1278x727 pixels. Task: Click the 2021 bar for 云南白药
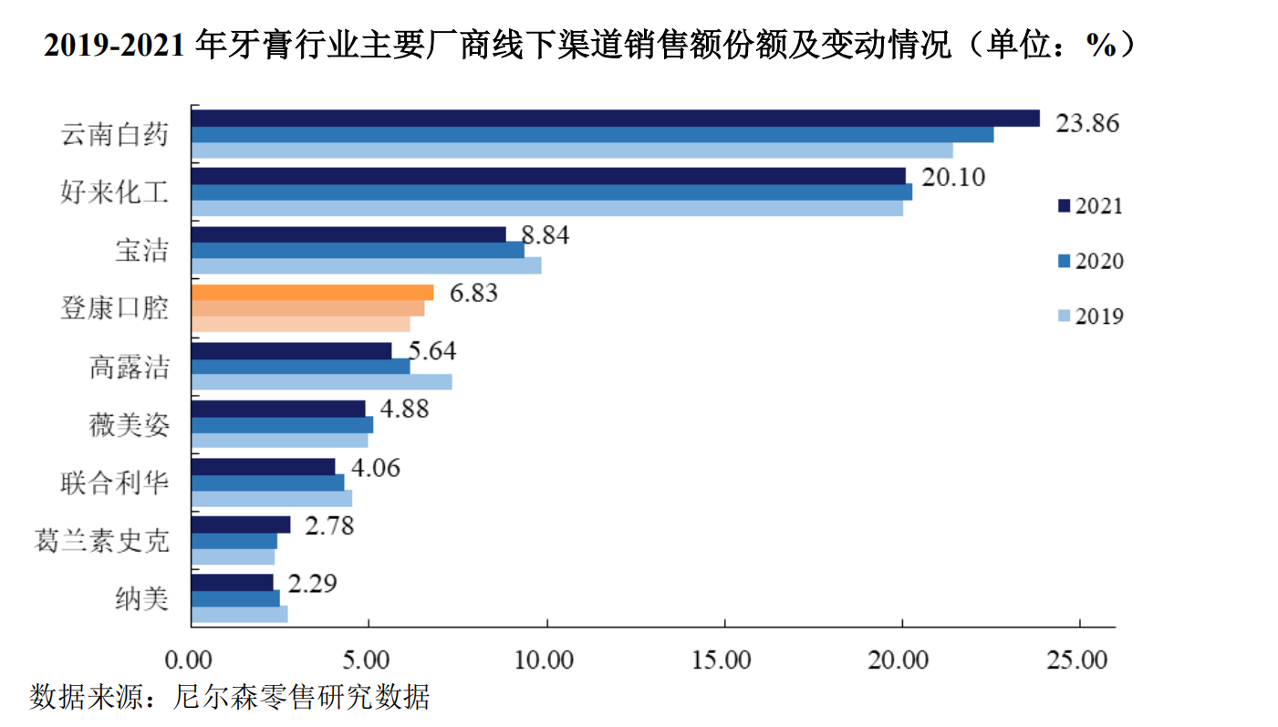click(615, 118)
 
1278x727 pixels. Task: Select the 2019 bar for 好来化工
click(547, 208)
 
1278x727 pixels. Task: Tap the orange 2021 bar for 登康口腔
click(313, 293)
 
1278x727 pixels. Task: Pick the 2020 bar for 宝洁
click(358, 250)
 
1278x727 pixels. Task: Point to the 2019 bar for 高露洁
click(321, 382)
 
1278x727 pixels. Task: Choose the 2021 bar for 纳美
click(233, 582)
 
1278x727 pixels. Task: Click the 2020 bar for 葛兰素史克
click(234, 541)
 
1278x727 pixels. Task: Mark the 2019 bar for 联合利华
click(272, 499)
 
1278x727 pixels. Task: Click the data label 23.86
click(1086, 122)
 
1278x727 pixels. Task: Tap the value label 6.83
click(467, 295)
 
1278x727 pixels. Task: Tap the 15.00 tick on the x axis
click(723, 659)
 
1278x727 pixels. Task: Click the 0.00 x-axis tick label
click(191, 659)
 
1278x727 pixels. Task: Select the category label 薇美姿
click(129, 425)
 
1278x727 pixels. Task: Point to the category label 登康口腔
click(115, 307)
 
